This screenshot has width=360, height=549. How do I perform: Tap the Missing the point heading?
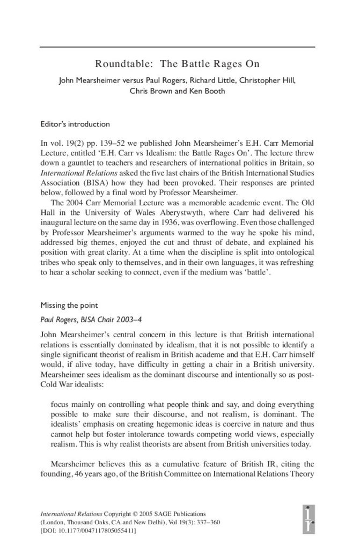(x=68, y=306)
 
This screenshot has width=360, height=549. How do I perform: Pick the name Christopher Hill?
(x=265, y=81)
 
